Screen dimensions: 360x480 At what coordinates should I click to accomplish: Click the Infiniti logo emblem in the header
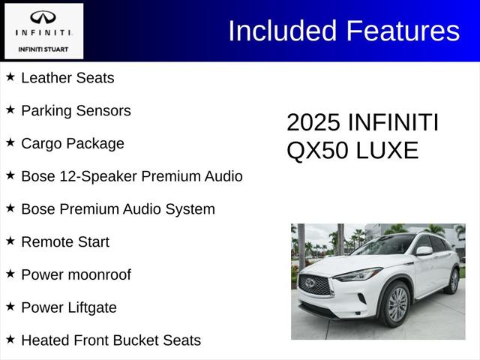43,17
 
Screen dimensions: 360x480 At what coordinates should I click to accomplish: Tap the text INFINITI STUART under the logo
43,49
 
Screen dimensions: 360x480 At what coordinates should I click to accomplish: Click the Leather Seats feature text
67,77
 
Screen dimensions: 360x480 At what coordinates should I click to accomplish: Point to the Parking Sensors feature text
76,110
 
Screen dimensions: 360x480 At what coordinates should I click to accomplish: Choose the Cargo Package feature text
73,143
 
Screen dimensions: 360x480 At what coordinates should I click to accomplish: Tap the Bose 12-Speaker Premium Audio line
131,176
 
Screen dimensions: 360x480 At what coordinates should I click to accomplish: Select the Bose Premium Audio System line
118,209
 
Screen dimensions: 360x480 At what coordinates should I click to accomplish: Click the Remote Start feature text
65,241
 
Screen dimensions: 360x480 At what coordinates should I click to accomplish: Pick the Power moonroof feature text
76,274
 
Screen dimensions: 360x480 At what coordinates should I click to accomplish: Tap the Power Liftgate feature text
69,307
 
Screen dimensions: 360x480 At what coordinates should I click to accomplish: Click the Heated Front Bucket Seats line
111,340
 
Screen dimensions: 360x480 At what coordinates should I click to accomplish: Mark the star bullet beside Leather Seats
10,76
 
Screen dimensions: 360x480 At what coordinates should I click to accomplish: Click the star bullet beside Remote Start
10,241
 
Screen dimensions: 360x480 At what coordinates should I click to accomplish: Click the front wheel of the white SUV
397,304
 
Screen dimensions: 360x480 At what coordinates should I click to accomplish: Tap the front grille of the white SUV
316,284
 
